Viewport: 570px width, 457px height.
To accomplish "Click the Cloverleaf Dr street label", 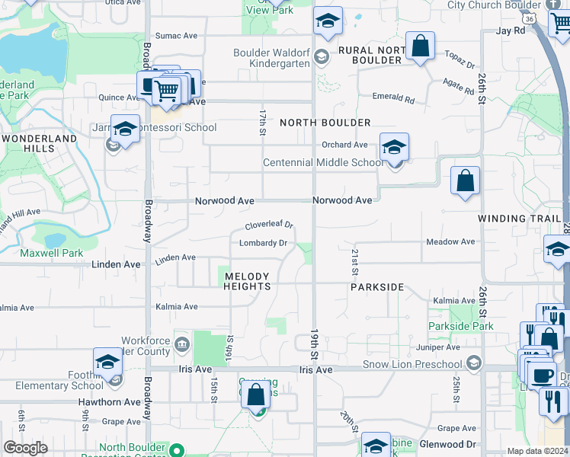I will coord(269,225).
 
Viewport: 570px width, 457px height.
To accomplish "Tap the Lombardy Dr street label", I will coord(263,244).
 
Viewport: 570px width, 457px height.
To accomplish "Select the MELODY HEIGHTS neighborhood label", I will coord(246,281).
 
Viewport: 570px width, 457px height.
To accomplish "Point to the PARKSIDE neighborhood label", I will coord(376,288).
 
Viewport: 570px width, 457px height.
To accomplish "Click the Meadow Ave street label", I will coord(450,242).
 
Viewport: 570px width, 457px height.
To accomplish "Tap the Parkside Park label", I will coord(461,327).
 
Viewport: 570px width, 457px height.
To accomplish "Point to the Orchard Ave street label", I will coord(344,145).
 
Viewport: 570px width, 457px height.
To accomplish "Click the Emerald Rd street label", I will coord(392,97).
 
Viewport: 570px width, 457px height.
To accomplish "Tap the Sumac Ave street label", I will coord(176,35).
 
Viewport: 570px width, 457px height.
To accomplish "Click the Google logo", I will coord(25,448).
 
